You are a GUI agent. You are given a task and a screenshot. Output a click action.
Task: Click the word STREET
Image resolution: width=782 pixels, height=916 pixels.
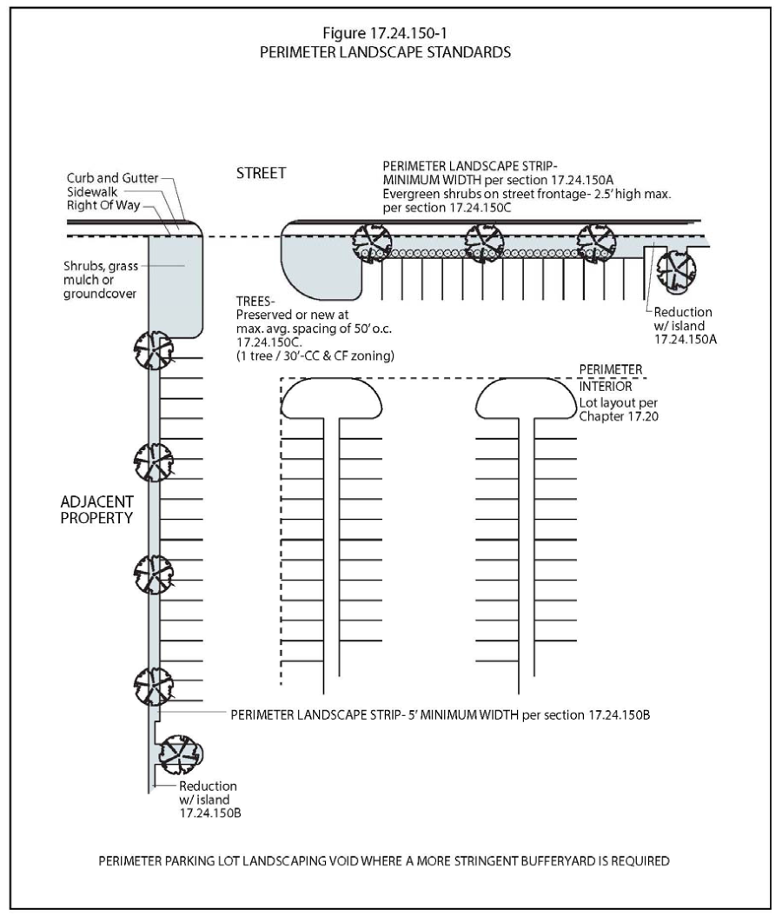click(x=262, y=174)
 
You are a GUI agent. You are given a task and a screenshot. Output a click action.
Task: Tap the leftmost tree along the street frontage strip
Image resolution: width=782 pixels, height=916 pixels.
click(x=373, y=242)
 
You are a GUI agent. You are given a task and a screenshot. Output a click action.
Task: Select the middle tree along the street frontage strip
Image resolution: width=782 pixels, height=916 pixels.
click(x=484, y=242)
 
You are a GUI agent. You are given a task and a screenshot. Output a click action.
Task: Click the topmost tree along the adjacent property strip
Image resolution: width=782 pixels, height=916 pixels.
click(x=153, y=350)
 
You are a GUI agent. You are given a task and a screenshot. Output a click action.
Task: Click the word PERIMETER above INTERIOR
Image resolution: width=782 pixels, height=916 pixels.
click(x=611, y=368)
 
